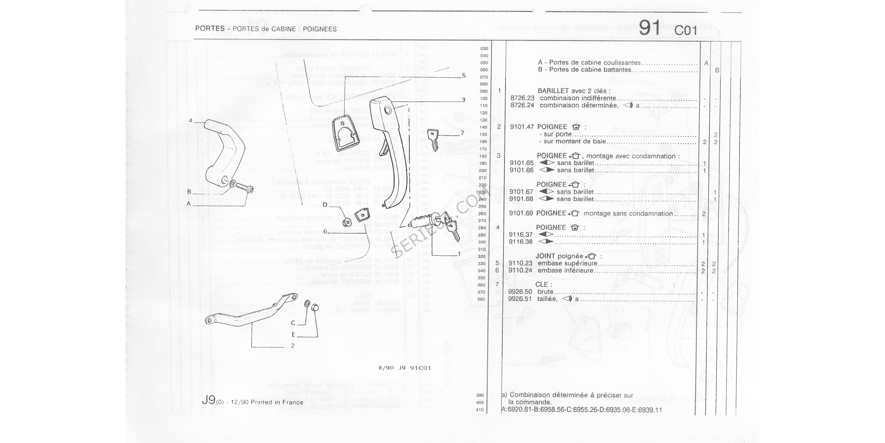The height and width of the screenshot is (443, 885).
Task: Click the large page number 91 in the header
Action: tap(649, 28)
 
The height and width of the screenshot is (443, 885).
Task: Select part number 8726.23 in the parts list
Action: tap(522, 98)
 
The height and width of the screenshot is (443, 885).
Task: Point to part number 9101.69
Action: tap(521, 213)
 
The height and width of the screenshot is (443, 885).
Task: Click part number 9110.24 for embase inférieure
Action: tap(520, 270)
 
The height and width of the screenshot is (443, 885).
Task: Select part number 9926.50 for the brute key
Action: tap(520, 292)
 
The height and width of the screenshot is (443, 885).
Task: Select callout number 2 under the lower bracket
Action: tap(292, 346)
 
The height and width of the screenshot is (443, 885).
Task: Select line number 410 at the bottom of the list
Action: tap(480, 410)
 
